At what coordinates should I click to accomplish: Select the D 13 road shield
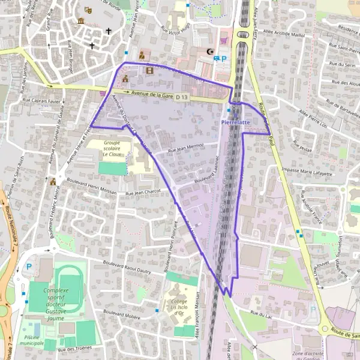[182, 97]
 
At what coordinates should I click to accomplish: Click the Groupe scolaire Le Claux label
[112, 148]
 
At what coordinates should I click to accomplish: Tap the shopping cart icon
[224, 40]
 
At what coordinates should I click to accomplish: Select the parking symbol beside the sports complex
[29, 267]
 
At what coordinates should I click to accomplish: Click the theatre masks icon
[89, 10]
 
